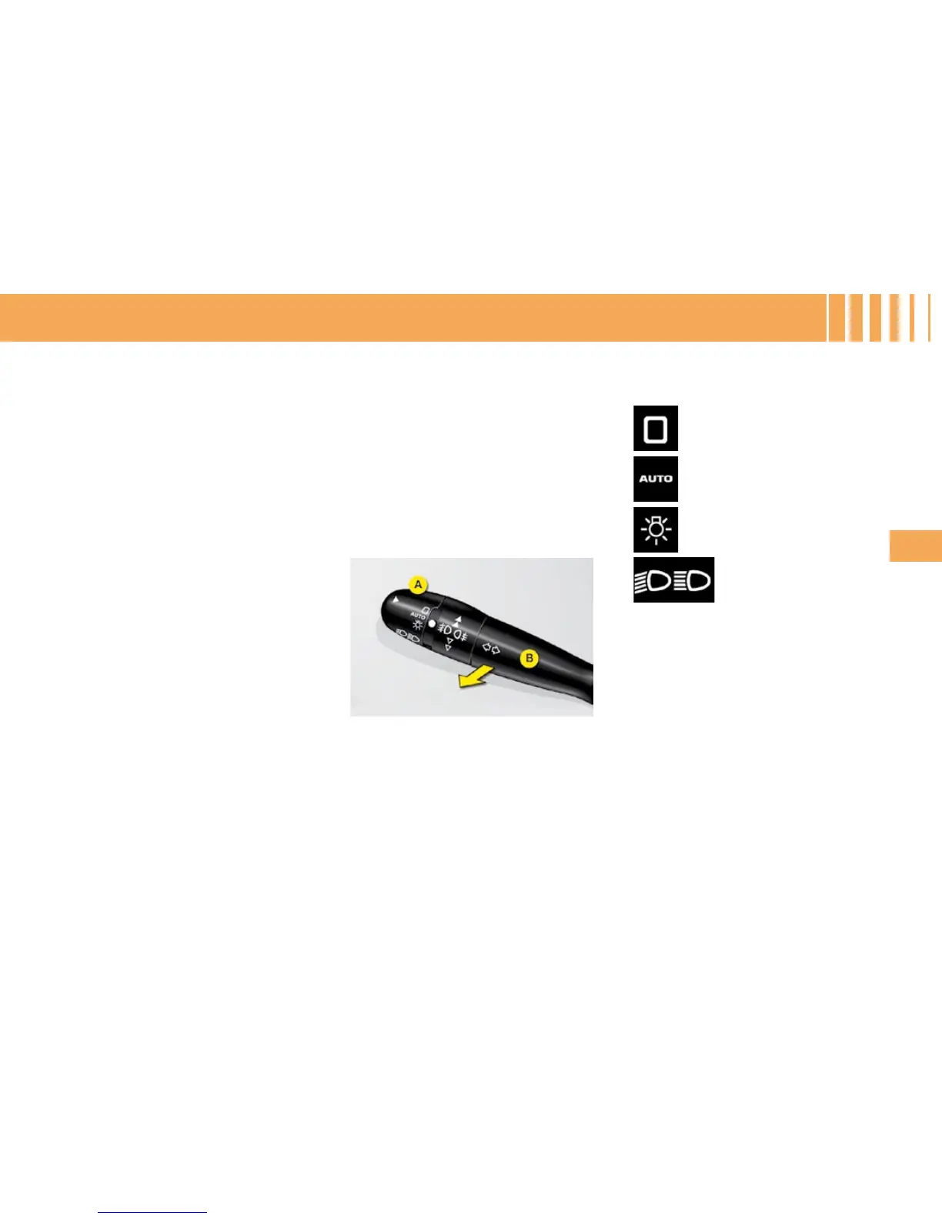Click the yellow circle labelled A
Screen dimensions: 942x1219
tap(417, 585)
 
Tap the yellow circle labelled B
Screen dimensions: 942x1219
tap(529, 658)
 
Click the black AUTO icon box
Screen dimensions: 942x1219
tap(656, 479)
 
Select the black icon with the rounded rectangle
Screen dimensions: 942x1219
tap(656, 428)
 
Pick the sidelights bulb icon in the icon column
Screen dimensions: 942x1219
tap(656, 529)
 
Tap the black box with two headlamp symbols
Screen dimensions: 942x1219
tap(673, 579)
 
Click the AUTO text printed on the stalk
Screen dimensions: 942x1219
tap(418, 616)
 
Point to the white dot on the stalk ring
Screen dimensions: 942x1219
tap(432, 623)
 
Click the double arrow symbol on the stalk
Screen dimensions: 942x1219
tap(490, 649)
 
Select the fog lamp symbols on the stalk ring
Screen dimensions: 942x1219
tap(453, 633)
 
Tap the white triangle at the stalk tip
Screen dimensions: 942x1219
tap(396, 599)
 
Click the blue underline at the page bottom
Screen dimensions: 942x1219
tap(152, 1213)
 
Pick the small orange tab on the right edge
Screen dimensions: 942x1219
tap(916, 545)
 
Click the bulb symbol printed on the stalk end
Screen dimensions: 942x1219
tap(416, 626)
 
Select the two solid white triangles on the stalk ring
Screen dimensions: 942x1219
tap(458, 620)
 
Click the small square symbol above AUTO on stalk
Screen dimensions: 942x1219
tap(424, 610)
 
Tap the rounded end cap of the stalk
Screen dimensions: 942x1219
tap(392, 615)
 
